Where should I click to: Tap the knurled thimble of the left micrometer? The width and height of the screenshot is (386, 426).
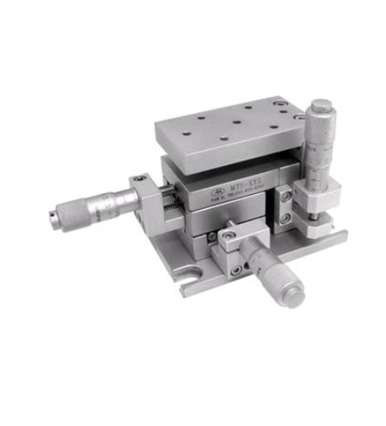(70, 211)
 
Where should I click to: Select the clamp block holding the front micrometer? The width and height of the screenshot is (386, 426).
(232, 246)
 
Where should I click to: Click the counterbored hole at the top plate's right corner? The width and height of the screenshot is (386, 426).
(280, 104)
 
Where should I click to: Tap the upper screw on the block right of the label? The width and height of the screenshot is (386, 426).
(284, 197)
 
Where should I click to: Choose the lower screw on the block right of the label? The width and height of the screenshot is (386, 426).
(284, 218)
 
